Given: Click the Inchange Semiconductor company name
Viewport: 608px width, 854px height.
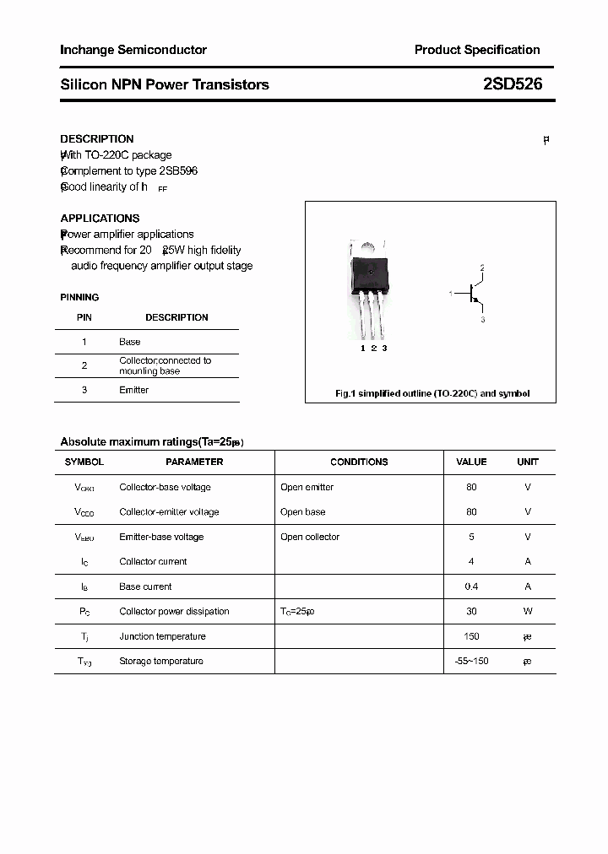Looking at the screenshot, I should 133,50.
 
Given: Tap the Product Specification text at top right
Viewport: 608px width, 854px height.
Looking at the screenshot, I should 476,50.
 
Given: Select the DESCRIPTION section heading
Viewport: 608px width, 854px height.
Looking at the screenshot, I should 97,138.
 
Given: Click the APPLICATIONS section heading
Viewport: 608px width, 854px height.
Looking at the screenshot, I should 100,218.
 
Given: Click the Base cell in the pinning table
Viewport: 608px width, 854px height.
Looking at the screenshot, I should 130,342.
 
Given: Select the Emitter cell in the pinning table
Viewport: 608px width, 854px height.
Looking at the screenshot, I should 133,390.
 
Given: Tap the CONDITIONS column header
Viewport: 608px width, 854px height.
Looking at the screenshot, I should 359,462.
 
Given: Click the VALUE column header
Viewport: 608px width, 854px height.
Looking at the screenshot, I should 471,462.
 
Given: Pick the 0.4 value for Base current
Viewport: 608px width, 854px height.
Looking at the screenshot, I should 471,586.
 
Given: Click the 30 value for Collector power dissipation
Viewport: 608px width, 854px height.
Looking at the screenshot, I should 471,611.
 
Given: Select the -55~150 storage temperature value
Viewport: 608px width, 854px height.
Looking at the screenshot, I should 471,661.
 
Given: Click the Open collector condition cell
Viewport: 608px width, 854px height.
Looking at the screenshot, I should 310,537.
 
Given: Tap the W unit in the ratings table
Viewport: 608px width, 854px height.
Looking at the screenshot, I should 528,611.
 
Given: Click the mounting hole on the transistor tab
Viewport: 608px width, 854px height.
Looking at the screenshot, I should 369,247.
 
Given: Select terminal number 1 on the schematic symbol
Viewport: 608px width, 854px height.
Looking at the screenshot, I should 451,293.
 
